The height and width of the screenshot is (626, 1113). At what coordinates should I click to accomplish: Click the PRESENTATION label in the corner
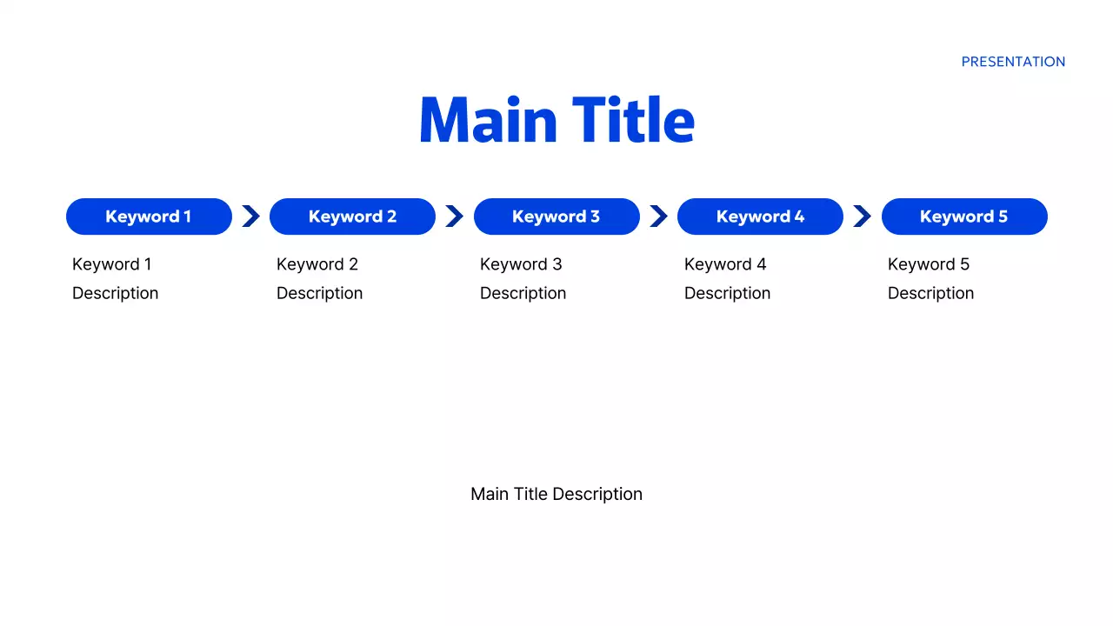(x=1013, y=62)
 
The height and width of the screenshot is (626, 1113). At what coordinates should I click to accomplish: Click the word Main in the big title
(x=488, y=120)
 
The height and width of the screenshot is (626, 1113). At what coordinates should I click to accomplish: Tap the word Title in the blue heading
(x=633, y=120)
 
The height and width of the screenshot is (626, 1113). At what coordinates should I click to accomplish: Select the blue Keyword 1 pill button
(x=149, y=216)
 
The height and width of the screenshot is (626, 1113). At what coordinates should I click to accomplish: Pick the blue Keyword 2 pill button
(x=352, y=216)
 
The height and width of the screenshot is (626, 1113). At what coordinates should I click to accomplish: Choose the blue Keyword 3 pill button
(x=556, y=216)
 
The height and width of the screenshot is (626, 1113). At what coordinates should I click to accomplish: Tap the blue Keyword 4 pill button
(x=760, y=216)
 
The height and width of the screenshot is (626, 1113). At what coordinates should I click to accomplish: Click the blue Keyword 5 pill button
(x=964, y=216)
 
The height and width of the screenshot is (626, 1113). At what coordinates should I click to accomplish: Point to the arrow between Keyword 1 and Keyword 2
(x=250, y=216)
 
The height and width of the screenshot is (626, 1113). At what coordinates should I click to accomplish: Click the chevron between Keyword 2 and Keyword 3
(x=454, y=216)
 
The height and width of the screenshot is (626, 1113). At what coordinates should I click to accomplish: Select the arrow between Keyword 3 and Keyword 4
(x=658, y=216)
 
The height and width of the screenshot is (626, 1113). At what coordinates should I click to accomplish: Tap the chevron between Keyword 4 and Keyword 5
(x=862, y=216)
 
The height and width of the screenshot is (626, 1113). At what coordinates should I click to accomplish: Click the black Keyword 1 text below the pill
(x=111, y=264)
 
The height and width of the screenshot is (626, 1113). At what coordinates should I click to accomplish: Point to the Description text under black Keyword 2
(x=319, y=293)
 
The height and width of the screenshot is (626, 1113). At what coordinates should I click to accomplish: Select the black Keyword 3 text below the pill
(x=521, y=264)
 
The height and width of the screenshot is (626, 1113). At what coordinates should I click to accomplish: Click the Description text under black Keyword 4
(x=727, y=293)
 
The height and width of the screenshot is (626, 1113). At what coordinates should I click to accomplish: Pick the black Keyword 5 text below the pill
(x=929, y=264)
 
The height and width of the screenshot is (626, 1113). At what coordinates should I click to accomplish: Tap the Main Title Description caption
(x=556, y=494)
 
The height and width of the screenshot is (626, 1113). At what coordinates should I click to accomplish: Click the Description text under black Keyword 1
(x=115, y=293)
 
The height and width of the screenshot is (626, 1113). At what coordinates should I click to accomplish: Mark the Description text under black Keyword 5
(x=930, y=293)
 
